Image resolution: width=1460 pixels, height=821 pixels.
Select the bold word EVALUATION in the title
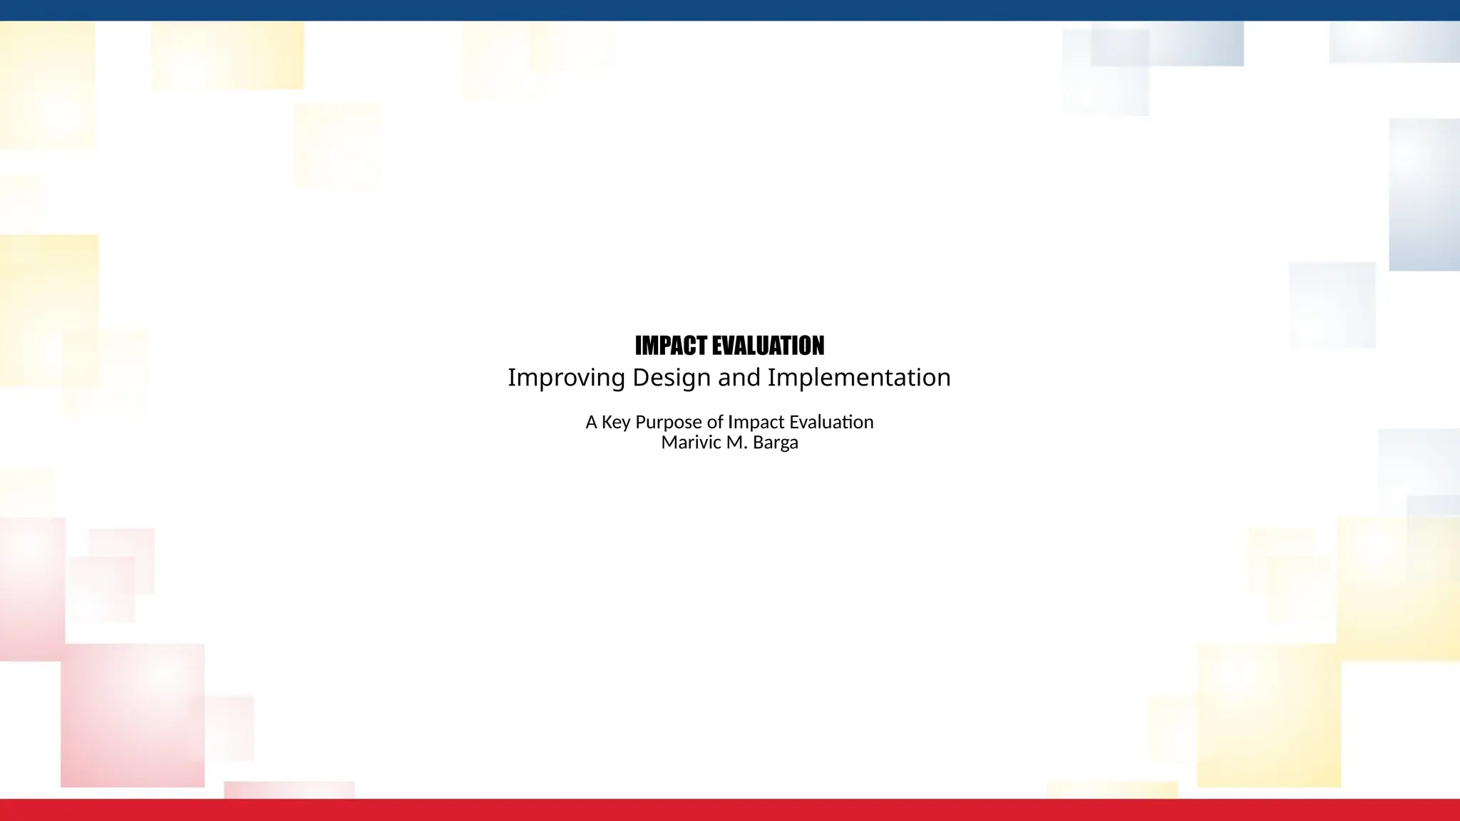tap(768, 346)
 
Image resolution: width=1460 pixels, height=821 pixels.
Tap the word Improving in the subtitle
tap(566, 378)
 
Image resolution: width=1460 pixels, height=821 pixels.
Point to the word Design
tap(672, 378)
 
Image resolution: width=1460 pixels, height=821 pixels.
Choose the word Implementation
tap(859, 378)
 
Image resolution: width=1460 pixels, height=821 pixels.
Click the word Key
tap(616, 423)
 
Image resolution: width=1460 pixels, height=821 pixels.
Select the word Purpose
tap(669, 423)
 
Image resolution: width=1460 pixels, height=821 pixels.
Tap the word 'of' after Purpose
tap(715, 422)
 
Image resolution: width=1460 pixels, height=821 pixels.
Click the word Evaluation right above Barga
tap(831, 422)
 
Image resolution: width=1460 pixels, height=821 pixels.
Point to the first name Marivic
tap(691, 443)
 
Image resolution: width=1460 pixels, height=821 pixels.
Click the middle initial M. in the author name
tap(736, 443)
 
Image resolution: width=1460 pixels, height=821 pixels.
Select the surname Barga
tap(775, 443)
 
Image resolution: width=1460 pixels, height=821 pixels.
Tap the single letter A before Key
tap(591, 422)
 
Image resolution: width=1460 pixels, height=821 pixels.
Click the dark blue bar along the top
tap(730, 10)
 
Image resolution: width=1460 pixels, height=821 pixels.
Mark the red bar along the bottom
tap(730, 810)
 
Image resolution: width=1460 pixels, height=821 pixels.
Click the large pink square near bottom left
tap(133, 716)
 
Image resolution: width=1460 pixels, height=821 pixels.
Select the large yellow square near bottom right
tap(1268, 716)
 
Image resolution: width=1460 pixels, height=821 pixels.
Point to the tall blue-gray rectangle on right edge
tap(1424, 195)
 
